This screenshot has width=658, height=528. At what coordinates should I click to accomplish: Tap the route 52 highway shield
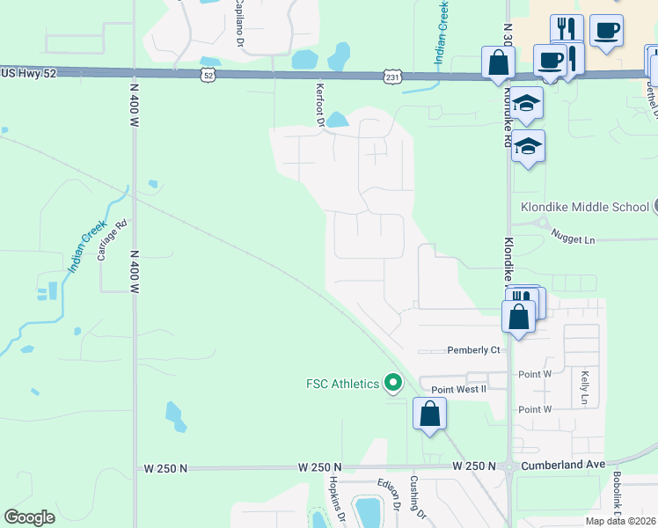click(x=208, y=76)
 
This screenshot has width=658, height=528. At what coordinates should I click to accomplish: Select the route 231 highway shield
click(x=394, y=77)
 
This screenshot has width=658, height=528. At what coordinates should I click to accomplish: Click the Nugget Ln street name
click(x=574, y=238)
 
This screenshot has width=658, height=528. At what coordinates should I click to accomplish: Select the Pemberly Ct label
click(x=473, y=349)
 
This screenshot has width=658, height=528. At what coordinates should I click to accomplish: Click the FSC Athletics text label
click(x=342, y=384)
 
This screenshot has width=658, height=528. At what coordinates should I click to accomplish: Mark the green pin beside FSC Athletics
click(x=393, y=384)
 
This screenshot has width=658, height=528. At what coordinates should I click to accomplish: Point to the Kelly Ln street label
click(x=583, y=387)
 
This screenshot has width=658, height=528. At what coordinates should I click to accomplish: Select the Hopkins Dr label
click(x=335, y=498)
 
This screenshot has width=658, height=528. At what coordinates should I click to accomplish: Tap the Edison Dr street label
click(x=395, y=494)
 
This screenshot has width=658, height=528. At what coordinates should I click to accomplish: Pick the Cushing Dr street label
click(x=416, y=498)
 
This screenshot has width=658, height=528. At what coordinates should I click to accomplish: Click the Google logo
click(x=30, y=517)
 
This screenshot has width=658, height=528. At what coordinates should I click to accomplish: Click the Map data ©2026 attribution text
click(x=620, y=521)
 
